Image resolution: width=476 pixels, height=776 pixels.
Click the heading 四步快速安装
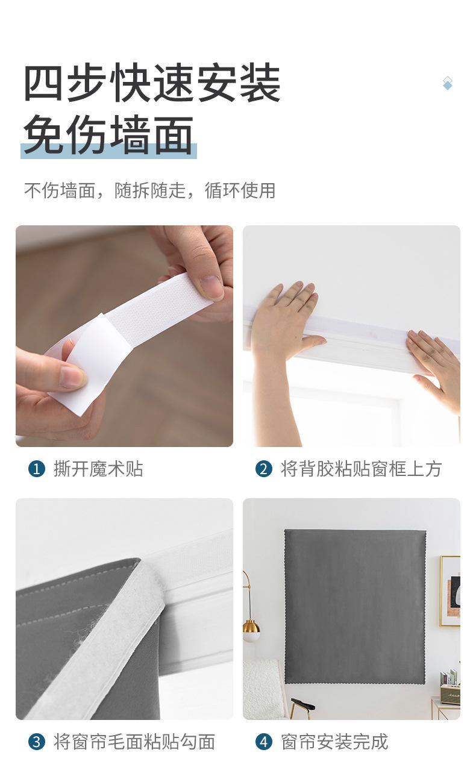pos(152,83)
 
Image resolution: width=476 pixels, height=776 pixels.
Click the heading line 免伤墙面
pos(108,134)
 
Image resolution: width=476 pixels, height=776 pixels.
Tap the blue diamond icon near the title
pos(448,84)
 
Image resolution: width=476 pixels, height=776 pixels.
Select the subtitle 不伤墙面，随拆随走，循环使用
pos(149,190)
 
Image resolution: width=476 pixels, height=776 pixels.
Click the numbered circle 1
pos(36,469)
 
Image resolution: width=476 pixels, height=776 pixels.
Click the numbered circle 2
pos(264,469)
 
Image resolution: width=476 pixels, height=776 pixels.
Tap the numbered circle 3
pos(36,742)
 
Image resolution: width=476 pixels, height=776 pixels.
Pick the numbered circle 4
pos(264,742)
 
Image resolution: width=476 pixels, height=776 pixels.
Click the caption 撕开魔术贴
pos(98,469)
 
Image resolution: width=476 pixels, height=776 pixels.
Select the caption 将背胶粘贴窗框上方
pos(361,469)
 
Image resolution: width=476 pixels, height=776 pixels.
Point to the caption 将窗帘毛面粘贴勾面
pos(134,742)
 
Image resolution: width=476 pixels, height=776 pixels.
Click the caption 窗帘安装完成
pos(334,742)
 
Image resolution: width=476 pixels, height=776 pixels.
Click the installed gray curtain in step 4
pos(355,607)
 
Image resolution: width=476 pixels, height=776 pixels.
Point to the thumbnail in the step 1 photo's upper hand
pos(212,286)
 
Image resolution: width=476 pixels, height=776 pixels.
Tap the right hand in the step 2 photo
pos(435,368)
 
